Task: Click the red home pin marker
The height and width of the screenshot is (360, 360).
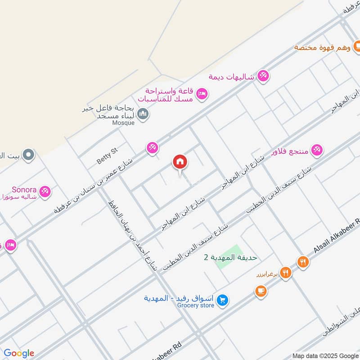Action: tap(180, 162)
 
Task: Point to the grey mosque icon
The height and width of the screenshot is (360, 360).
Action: tap(143, 114)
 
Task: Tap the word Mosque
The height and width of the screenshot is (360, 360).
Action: tap(123, 123)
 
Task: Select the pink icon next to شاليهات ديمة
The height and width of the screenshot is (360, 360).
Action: tap(264, 76)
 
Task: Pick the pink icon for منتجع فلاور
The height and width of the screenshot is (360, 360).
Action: tap(317, 151)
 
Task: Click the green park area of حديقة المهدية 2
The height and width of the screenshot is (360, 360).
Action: tap(228, 257)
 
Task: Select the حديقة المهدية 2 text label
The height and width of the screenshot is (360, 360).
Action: tap(230, 257)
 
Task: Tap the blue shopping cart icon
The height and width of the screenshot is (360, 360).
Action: tap(221, 300)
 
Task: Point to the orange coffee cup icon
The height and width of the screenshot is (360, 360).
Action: tap(260, 292)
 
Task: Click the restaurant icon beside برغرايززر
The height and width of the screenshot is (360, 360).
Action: tap(285, 273)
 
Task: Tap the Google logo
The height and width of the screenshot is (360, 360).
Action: tap(19, 353)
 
